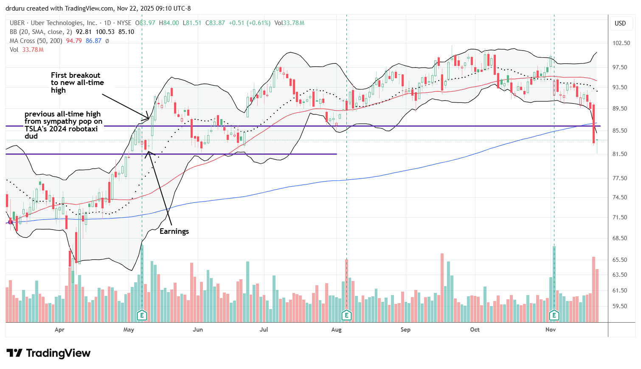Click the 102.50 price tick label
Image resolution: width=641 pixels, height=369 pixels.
point(621,43)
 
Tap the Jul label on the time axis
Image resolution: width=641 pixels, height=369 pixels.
point(264,329)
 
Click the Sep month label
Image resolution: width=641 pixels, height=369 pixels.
point(405,329)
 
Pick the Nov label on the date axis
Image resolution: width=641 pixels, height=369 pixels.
point(551,329)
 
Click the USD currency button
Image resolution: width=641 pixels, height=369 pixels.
point(620,23)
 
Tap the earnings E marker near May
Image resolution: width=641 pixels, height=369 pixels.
point(142,315)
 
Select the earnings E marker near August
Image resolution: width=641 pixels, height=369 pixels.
point(346,315)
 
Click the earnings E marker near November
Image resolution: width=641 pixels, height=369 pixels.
point(554,315)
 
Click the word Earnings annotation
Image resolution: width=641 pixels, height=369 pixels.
point(174,231)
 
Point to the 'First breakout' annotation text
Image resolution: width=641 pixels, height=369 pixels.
point(76,75)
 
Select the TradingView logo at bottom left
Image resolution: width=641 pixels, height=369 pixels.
point(48,353)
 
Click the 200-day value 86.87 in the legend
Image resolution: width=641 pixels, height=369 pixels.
point(93,41)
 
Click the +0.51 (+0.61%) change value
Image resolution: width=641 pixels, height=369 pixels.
point(249,23)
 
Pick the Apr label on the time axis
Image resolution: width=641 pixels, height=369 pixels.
point(59,329)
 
